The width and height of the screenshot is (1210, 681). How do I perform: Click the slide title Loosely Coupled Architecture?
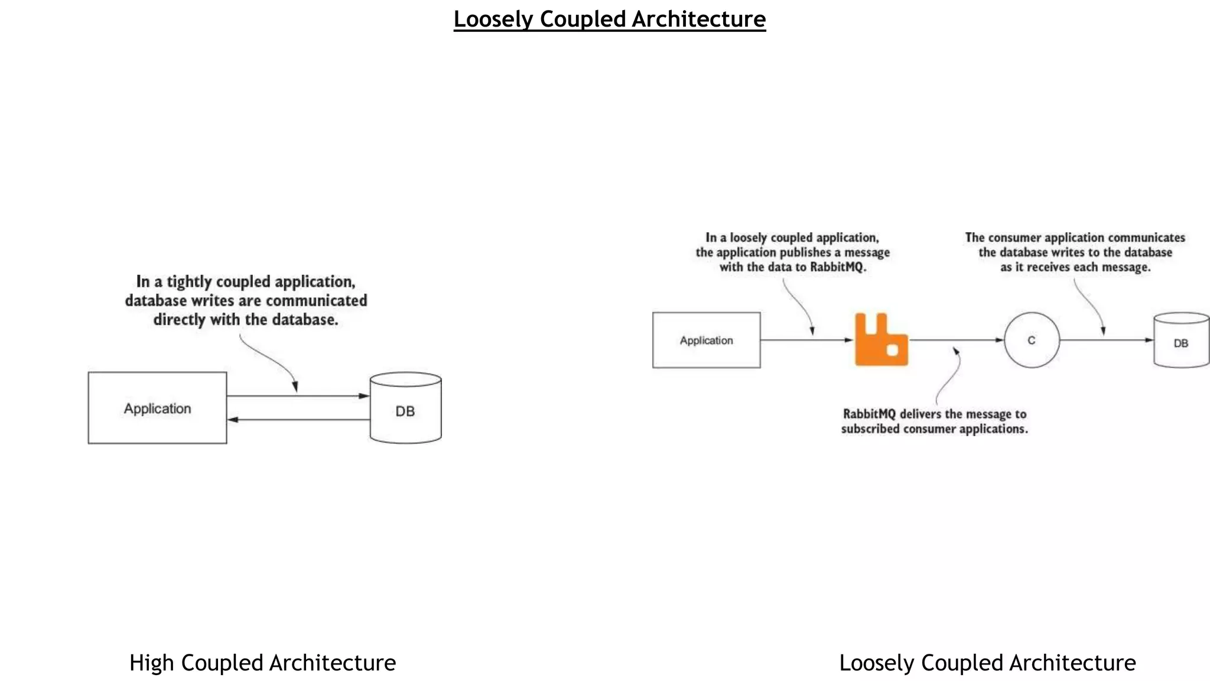[609, 20]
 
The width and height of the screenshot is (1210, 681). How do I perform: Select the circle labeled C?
[1032, 340]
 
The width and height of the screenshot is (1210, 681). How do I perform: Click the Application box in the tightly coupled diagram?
[157, 408]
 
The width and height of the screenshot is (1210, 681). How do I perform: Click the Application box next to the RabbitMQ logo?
[706, 340]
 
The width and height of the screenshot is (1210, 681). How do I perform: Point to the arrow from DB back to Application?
[298, 420]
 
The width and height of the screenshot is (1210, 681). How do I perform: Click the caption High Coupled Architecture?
[262, 663]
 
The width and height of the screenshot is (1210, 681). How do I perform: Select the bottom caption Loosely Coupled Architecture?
[987, 663]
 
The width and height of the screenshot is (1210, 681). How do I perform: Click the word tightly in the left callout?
[189, 282]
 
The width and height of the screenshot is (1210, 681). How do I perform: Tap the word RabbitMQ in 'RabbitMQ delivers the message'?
[869, 414]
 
